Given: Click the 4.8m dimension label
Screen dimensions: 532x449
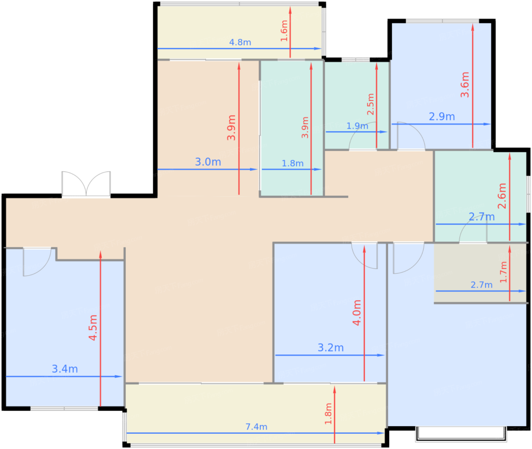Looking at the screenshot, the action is pos(240,42).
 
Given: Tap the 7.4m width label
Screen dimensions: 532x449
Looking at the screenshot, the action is pos(256,427).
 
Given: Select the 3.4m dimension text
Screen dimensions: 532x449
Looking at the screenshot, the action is pos(65,369).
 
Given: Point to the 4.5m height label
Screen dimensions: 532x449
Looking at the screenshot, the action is pos(93,327).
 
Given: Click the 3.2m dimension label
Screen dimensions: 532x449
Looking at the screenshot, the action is pos(331,348).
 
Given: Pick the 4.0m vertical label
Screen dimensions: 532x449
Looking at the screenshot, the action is pos(357,313).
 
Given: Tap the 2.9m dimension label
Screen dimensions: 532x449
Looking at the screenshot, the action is pos(442,117).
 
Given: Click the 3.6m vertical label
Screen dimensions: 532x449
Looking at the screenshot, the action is pos(465,85).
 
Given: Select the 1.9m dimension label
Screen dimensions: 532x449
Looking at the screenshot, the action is pos(357,126).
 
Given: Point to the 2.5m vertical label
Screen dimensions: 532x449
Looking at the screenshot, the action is pos(370,104).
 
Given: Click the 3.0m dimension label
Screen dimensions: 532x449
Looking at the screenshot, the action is pos(208,162).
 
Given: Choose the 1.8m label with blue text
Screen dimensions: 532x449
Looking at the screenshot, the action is pos(293,163).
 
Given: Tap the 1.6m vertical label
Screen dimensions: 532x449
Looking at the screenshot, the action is pos(284,31).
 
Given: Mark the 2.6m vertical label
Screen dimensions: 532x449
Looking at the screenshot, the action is pos(502,196).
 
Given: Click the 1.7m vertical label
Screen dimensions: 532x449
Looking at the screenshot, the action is pos(503,272).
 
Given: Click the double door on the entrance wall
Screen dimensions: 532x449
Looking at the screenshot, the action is pos(86,184).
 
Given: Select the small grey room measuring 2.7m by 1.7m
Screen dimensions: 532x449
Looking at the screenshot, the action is pos(480,273).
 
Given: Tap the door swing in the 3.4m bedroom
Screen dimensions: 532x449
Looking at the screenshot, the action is pos(37,262).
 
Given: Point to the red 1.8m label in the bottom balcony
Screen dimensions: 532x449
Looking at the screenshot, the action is pos(328,414).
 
